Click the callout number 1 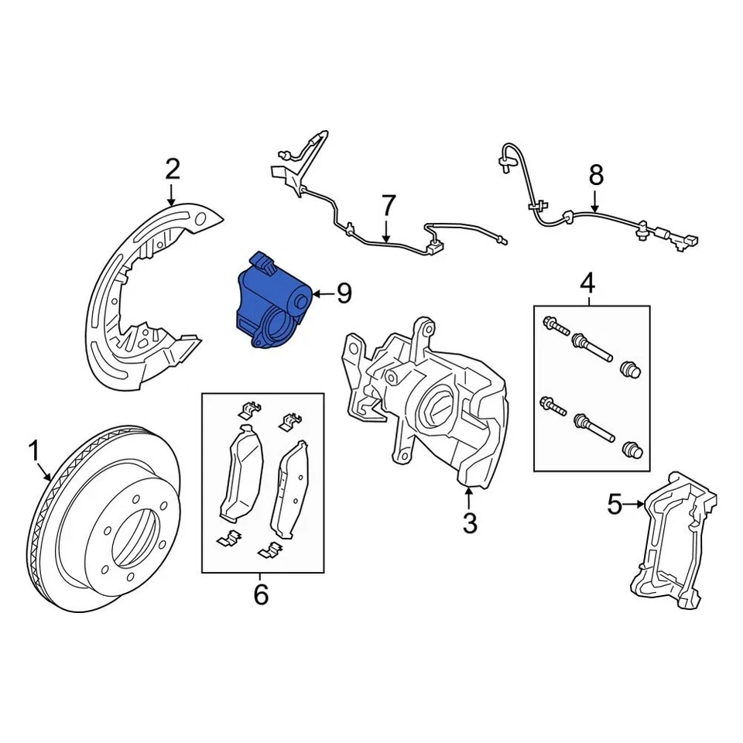33,450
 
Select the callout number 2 172,168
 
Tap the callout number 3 470,524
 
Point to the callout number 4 588,284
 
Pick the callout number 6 260,595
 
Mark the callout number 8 595,176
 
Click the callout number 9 344,293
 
